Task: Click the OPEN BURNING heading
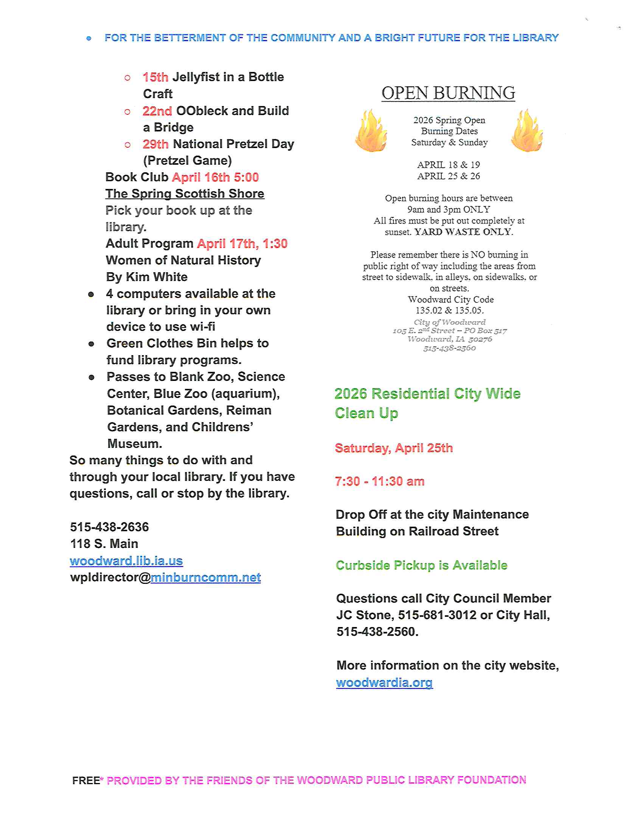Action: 448,93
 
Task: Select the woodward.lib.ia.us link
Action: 126,561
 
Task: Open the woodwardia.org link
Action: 384,682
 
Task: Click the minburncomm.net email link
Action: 206,577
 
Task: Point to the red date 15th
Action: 155,77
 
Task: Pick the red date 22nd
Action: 157,111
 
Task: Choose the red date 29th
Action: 155,144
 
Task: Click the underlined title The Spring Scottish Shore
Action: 185,194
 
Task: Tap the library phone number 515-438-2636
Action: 109,527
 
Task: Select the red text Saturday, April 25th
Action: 393,448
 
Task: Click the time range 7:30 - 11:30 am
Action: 379,481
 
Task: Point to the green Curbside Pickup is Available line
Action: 421,565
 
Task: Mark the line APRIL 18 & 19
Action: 448,165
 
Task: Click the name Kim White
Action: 157,277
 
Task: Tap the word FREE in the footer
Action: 86,780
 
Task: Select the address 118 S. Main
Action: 104,543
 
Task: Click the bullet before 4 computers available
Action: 91,295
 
